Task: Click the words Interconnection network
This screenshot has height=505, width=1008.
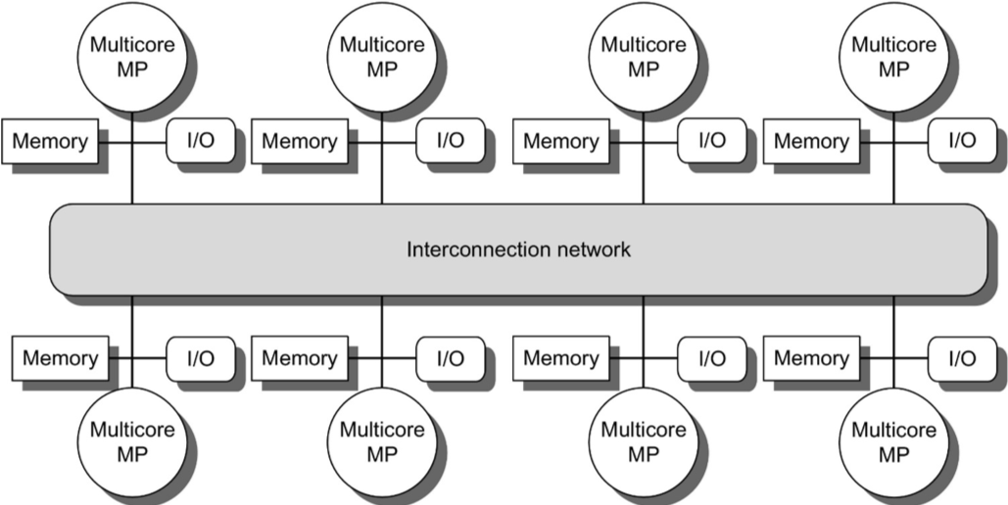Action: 518,250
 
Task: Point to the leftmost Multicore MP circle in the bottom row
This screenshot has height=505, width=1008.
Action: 132,442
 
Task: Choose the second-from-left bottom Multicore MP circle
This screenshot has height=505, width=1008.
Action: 382,442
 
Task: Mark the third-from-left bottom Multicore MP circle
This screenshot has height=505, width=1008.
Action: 644,442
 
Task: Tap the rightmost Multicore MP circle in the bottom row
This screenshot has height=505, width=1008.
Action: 893,442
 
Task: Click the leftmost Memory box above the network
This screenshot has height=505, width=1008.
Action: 50,141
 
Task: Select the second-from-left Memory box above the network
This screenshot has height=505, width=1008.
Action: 300,141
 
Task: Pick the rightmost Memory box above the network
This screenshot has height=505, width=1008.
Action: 811,141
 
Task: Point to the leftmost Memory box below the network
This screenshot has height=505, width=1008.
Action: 61,358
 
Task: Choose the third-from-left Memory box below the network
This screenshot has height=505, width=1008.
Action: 561,358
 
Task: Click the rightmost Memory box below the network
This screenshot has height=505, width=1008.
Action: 811,358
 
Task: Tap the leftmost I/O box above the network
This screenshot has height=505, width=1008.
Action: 201,140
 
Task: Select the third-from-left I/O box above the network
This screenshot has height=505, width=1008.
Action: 711,140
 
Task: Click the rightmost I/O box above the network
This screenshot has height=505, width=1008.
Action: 962,140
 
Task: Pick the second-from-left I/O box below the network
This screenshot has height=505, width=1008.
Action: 450,358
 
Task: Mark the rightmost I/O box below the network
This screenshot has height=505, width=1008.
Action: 962,358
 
